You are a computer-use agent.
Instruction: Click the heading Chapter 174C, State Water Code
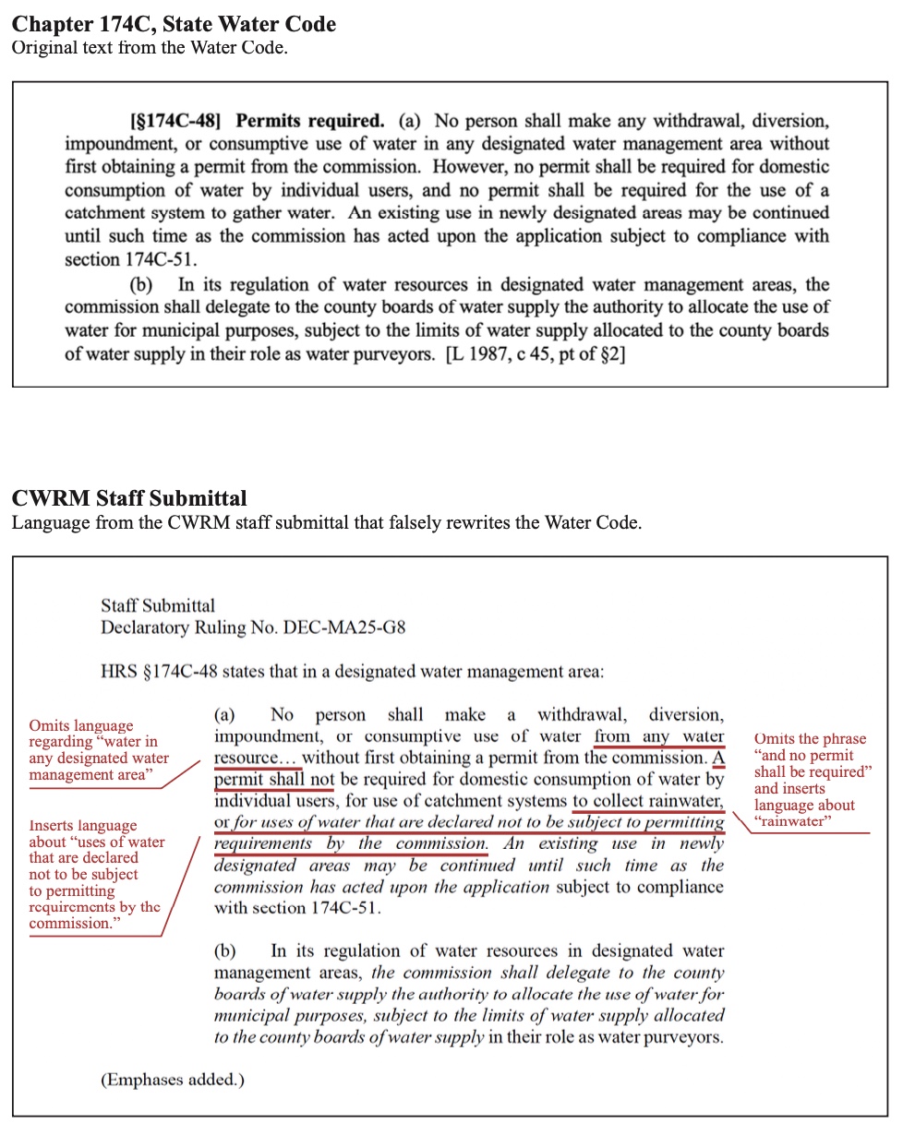tap(174, 25)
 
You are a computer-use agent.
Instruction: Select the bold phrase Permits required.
tap(309, 121)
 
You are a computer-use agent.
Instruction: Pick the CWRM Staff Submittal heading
tap(129, 498)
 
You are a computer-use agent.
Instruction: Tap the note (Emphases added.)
tap(173, 1079)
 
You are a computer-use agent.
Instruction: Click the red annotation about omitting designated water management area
tap(99, 750)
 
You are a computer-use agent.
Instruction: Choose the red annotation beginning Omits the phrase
tap(812, 780)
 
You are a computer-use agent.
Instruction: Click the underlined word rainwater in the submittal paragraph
tap(687, 801)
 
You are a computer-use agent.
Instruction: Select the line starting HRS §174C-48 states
tap(352, 671)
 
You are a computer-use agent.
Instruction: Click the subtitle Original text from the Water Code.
tap(150, 48)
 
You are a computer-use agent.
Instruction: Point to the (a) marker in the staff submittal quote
tap(225, 715)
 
